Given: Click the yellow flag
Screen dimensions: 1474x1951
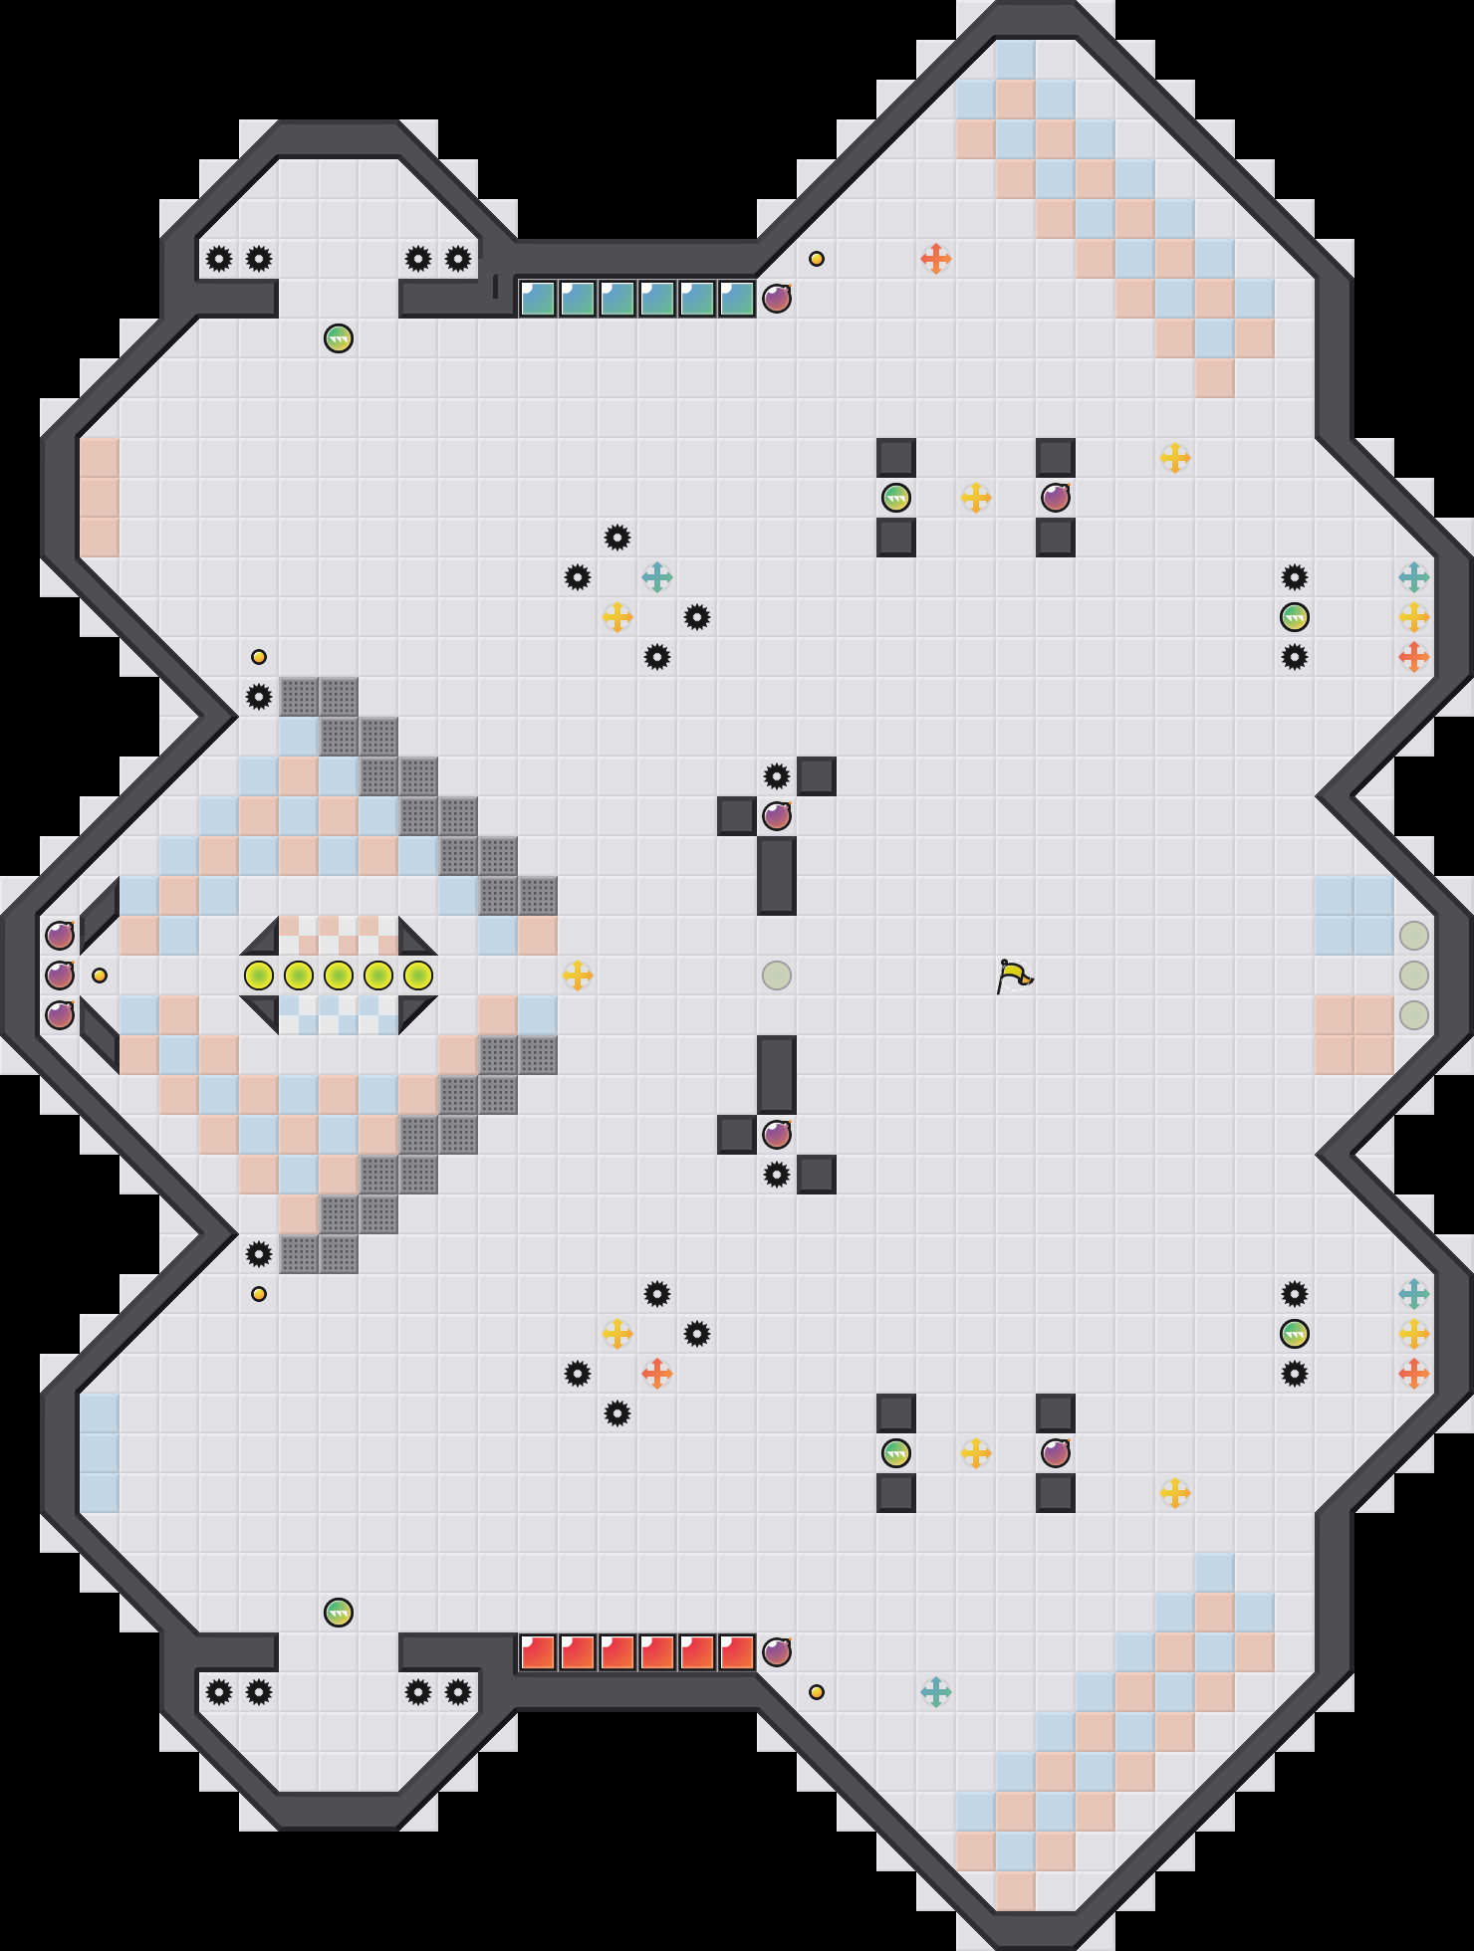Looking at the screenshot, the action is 1014,975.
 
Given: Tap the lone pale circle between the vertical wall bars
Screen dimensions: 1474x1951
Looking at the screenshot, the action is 777,975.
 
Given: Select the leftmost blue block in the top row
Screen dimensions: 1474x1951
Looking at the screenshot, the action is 538,299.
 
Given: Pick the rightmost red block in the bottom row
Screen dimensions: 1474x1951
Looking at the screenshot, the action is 737,1652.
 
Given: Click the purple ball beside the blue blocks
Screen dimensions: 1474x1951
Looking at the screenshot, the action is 777,299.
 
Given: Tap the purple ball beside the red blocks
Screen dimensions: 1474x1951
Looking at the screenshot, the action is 777,1652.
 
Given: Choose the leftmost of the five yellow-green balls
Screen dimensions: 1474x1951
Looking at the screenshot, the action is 259,975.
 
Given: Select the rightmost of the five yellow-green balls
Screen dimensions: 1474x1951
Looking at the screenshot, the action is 418,975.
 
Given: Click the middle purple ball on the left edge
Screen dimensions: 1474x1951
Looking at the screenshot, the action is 60,975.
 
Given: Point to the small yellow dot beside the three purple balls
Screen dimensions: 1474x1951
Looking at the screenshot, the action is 100,975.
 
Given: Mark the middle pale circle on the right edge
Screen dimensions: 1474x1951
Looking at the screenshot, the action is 1414,975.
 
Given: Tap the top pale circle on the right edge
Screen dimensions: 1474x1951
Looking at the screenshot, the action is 1414,936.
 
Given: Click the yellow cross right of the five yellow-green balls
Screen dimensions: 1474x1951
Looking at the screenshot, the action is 578,975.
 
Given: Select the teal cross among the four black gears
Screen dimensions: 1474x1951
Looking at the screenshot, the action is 657,577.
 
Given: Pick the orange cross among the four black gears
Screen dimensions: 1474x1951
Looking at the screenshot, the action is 657,1374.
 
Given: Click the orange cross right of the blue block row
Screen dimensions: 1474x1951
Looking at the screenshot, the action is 936,259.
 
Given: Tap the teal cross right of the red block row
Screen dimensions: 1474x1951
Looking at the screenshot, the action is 936,1692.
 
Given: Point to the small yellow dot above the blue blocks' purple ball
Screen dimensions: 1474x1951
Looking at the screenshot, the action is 817,259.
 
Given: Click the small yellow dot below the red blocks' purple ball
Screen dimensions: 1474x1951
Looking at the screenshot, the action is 817,1692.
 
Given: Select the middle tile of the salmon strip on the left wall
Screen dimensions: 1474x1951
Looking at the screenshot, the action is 100,498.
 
